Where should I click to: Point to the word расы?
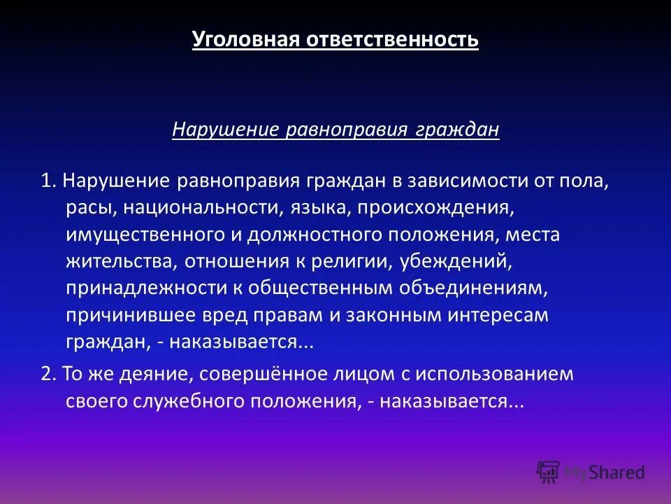86,208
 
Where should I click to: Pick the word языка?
310,208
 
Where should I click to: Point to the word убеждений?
447,260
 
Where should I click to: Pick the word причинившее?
126,314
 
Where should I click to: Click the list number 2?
48,374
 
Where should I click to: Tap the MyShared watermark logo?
591,472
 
